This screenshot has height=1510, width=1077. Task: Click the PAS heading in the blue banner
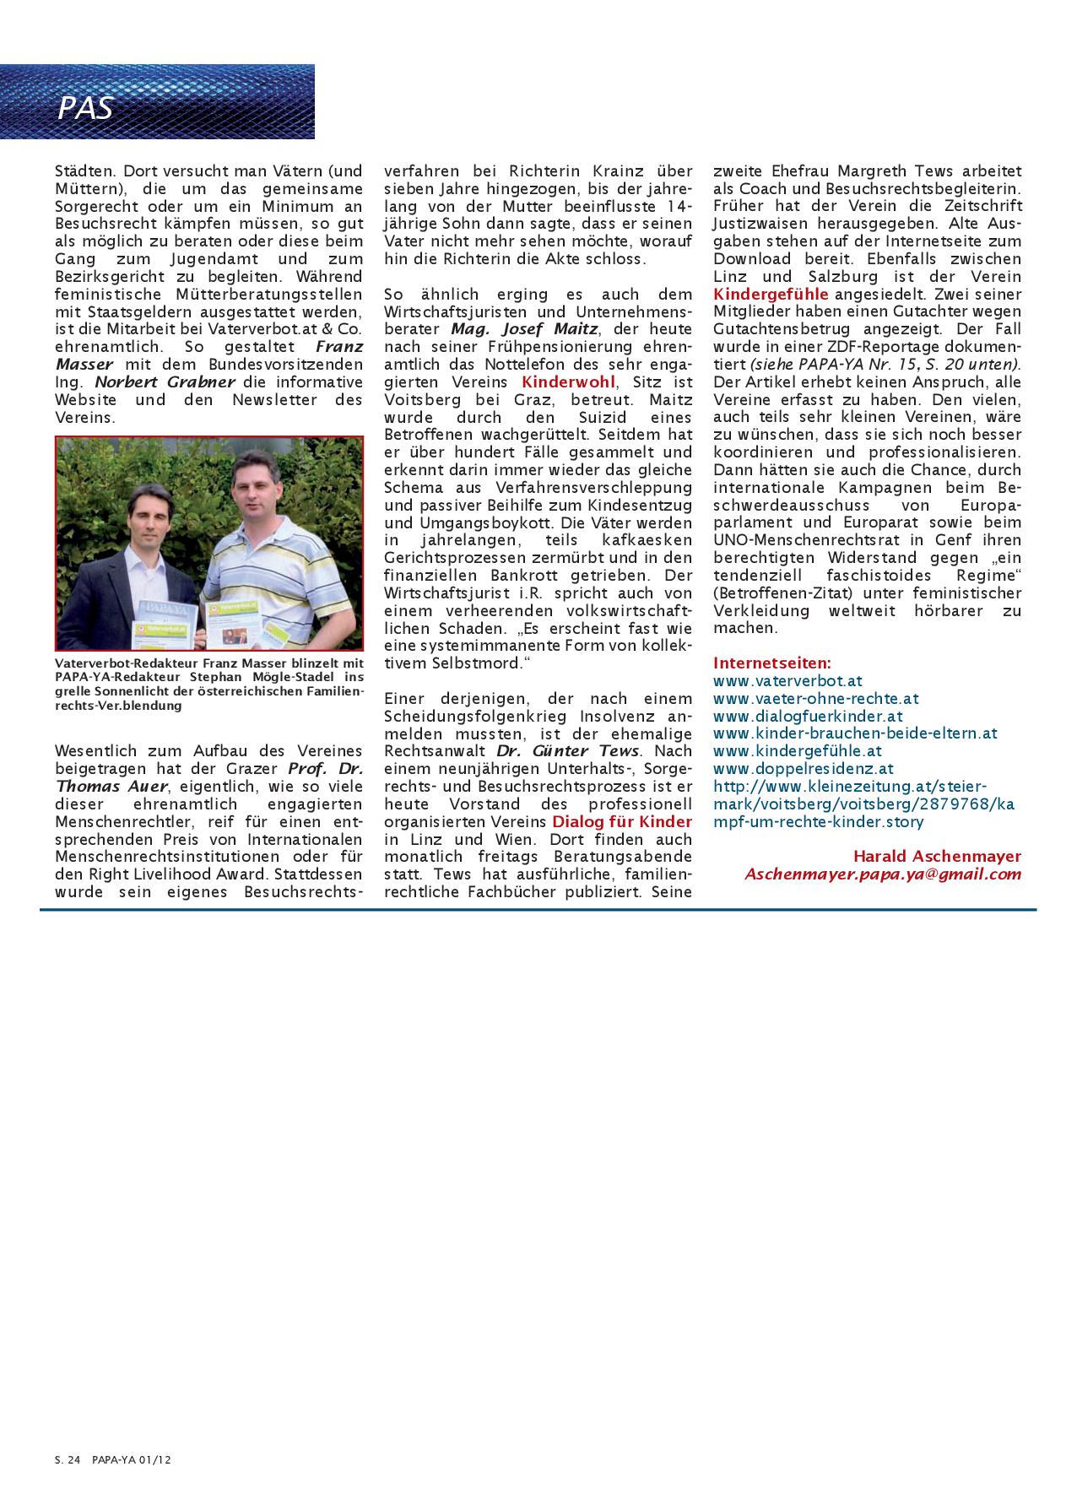point(85,108)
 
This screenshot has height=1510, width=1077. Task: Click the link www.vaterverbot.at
point(787,680)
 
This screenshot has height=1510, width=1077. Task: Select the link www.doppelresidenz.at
point(803,768)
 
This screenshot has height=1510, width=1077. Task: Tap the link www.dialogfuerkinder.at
point(808,716)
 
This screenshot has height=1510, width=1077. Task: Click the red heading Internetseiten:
point(771,663)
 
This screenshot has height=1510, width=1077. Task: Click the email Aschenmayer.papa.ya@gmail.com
point(882,874)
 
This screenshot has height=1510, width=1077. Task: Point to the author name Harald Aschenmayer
point(937,856)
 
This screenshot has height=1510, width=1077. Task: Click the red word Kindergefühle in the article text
point(771,294)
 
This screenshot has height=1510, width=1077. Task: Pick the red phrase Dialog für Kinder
point(622,821)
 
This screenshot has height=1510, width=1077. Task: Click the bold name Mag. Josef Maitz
point(524,328)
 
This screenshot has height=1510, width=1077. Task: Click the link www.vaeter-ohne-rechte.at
point(815,698)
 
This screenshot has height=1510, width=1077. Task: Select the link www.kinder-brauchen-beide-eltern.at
point(855,733)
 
